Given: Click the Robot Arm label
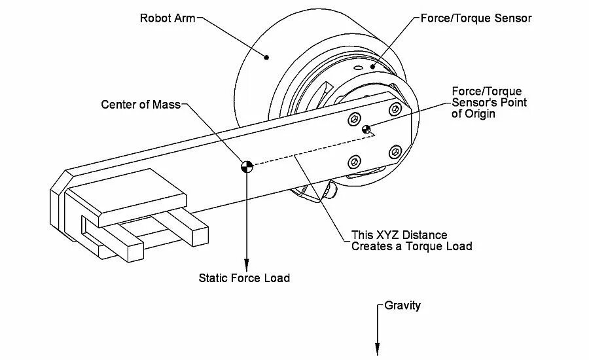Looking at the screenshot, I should (x=168, y=18).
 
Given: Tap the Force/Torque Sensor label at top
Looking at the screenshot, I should (x=475, y=18).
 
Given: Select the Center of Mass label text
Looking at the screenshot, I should (x=140, y=104).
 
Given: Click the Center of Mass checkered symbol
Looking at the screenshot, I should (x=246, y=166).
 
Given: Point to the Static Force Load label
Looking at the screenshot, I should (x=244, y=278).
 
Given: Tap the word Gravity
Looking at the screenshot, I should (x=402, y=306).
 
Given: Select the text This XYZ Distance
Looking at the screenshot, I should (x=399, y=235).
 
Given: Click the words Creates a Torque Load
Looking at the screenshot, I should (x=412, y=247).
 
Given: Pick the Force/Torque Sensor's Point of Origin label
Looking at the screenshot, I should (x=489, y=102).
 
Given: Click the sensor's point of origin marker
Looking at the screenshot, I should (x=366, y=128).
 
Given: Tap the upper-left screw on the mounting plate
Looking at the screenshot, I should (x=354, y=118).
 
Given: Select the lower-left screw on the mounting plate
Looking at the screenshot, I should (x=355, y=160).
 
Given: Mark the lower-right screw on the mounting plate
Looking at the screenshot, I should (x=394, y=151).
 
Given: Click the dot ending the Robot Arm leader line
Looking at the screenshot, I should (x=266, y=58).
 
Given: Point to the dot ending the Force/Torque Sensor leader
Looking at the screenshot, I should (x=373, y=65).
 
